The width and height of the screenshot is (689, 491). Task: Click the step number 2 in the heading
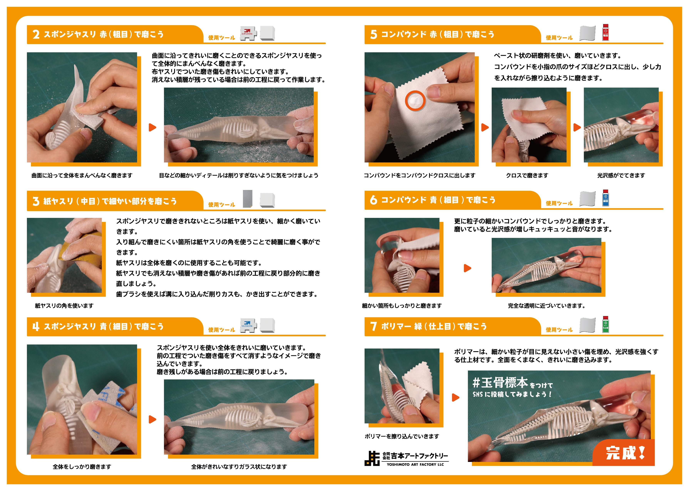36,34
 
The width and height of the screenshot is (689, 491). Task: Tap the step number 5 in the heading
374,34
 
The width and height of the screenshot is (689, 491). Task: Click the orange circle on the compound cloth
415,101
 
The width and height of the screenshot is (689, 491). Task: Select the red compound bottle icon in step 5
606,33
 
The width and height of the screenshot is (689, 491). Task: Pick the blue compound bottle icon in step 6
606,198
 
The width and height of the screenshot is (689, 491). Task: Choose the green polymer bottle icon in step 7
606,325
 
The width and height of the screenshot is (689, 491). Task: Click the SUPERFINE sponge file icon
248,33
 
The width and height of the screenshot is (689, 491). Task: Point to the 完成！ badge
625,453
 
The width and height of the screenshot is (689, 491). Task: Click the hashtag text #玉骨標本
500,383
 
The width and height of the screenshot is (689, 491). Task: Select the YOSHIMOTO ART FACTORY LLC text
415,464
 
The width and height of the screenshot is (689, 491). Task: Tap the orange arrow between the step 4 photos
152,419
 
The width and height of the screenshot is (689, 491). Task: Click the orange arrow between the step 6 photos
467,268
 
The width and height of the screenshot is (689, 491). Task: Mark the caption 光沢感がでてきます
621,175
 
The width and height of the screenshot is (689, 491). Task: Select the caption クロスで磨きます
527,175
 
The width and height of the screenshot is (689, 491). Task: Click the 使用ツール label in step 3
221,205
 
